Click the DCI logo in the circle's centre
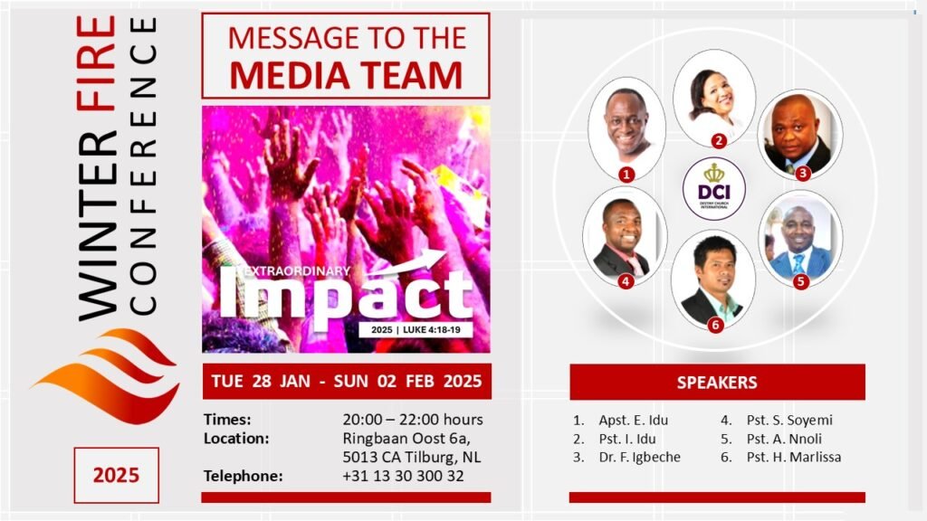[714, 188]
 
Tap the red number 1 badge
[626, 175]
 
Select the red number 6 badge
[715, 325]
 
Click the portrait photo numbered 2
[714, 98]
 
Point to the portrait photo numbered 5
[800, 238]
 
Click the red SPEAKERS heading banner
[717, 383]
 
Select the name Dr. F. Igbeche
[640, 457]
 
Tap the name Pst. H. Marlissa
[794, 457]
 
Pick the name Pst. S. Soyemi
[789, 421]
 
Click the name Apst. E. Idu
[633, 421]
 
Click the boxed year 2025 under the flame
[117, 475]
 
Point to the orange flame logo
[107, 375]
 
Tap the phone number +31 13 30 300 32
[403, 476]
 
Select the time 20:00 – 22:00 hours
[413, 420]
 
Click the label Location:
[236, 439]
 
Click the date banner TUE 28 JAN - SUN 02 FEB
[347, 381]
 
